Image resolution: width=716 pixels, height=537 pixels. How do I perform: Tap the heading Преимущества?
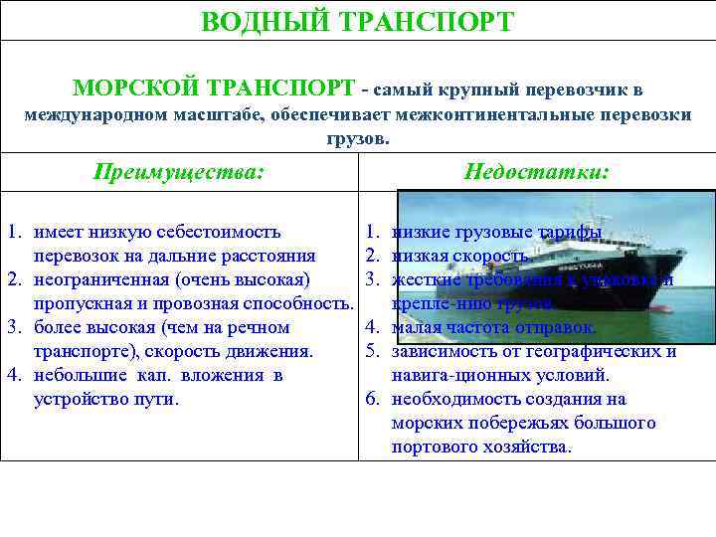coord(179,171)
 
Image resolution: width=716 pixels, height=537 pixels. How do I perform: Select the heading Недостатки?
coord(536,171)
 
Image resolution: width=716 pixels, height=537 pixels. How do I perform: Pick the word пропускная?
coord(79,303)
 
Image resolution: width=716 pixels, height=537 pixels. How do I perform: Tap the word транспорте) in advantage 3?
coord(87,351)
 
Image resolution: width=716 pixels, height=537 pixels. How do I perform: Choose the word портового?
coord(432,447)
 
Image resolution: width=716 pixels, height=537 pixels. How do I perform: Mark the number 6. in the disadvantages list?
coord(371,399)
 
